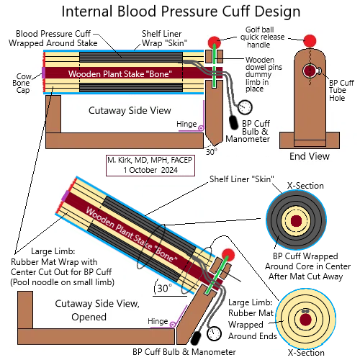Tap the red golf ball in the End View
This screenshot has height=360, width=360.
[310, 41]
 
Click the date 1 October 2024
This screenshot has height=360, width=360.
[150, 170]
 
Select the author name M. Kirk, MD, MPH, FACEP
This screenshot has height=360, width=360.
[150, 160]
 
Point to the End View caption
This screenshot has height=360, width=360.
[310, 156]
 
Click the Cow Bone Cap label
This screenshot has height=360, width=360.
[22, 83]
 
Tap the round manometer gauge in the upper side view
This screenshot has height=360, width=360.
[245, 107]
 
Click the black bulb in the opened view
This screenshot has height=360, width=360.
[197, 338]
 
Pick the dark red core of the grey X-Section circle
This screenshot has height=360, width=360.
[296, 221]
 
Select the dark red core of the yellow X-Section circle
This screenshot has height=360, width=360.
[305, 320]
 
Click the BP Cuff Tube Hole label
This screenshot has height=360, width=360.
[341, 90]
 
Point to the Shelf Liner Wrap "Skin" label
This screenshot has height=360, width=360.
[164, 38]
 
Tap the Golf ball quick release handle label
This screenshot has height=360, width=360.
[262, 37]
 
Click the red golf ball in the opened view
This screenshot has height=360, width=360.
[228, 255]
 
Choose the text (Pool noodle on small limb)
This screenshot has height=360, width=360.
[62, 282]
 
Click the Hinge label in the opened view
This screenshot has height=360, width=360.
[158, 321]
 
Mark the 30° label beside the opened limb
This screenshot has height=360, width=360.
[165, 288]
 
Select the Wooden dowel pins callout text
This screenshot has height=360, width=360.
[264, 74]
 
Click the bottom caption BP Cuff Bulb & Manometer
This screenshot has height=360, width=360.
[184, 352]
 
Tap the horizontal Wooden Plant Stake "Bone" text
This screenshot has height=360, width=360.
[120, 74]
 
